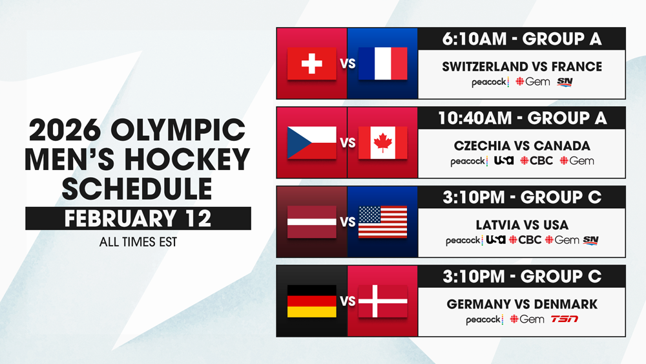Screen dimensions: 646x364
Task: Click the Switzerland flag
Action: [311, 63]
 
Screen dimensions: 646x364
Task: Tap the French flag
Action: [382, 63]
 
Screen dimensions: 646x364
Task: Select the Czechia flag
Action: [311, 143]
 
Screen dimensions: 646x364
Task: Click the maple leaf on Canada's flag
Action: [382, 143]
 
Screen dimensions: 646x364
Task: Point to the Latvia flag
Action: [311, 222]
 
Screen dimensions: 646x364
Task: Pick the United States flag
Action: [382, 222]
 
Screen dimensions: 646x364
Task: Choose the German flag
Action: [311, 301]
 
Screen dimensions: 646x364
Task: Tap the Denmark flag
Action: [382, 301]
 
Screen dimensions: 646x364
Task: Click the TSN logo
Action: [565, 319]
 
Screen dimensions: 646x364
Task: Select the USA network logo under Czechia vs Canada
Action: [504, 160]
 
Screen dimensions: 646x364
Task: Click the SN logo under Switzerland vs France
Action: [565, 81]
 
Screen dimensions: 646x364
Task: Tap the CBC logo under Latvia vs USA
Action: [525, 239]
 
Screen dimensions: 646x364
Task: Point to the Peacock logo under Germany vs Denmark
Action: [484, 319]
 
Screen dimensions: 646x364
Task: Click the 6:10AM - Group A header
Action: [521, 39]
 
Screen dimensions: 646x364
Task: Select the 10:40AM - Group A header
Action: [521, 118]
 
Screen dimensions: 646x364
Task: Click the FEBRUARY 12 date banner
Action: [138, 219]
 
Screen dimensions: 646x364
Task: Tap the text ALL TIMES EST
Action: [138, 242]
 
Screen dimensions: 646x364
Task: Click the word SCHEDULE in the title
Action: [137, 189]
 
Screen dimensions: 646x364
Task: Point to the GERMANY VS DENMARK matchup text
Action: [522, 305]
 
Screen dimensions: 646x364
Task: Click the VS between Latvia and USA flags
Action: [348, 222]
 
